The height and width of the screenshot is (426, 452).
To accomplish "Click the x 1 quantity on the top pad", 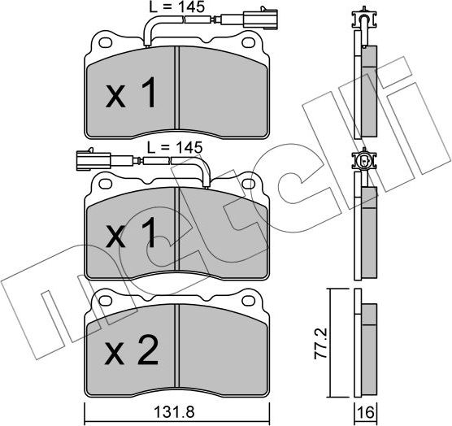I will click(131, 96).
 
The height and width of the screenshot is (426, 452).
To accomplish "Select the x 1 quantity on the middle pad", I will click(131, 236).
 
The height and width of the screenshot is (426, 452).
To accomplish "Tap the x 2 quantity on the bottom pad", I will click(131, 353).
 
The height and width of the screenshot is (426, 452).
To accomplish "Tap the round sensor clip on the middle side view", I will click(363, 162).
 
